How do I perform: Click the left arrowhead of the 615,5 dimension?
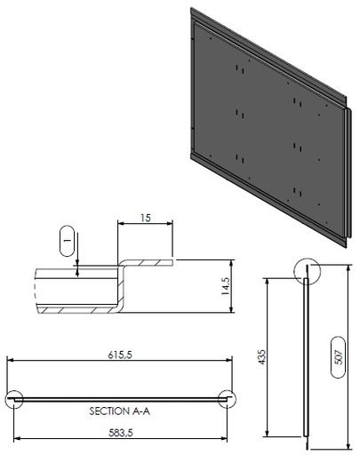tap(11, 360)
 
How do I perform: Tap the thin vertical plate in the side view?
tap(306, 355)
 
